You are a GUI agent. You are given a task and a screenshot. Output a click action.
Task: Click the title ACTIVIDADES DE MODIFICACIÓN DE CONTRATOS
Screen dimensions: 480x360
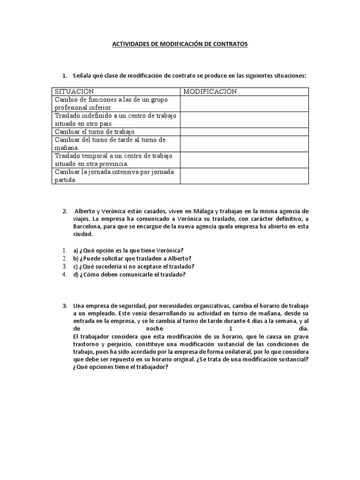(x=180, y=44)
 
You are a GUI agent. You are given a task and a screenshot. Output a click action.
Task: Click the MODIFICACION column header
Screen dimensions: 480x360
(x=210, y=91)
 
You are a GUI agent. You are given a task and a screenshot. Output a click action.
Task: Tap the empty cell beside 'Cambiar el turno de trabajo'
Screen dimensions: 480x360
(x=244, y=132)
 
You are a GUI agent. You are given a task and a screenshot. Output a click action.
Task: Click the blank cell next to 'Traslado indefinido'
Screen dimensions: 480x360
(x=244, y=120)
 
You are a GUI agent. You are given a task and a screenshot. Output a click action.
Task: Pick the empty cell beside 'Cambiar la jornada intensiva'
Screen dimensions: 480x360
(x=244, y=176)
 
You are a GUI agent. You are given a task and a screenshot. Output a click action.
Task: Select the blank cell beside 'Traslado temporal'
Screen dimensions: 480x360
(x=244, y=160)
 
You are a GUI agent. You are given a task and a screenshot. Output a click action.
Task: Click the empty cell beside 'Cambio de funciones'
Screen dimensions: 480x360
(x=244, y=104)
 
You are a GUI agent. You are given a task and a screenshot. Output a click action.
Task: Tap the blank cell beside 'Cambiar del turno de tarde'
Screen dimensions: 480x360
(x=244, y=144)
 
